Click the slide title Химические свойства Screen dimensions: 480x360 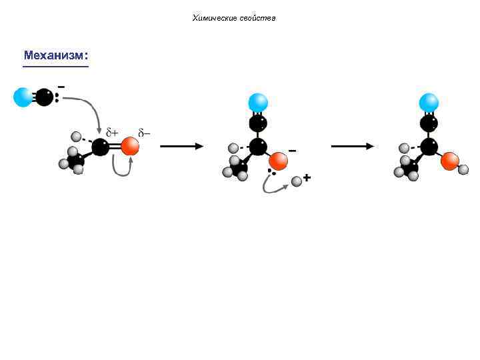tap(234, 18)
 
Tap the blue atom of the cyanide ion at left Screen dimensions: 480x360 tap(23, 97)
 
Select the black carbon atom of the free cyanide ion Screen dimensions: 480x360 tap(44, 97)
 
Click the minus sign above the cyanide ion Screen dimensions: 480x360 tap(61, 87)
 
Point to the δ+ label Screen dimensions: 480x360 tap(112, 133)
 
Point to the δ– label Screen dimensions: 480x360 tap(144, 133)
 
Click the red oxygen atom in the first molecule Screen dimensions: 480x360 tap(130, 147)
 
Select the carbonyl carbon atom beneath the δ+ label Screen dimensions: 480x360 tap(101, 147)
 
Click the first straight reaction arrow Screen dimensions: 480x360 tap(181, 147)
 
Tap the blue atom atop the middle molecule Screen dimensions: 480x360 tap(258, 103)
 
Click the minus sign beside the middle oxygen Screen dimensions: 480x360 tap(292, 151)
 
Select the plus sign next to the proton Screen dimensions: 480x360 tap(307, 177)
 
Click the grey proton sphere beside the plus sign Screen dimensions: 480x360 tap(297, 181)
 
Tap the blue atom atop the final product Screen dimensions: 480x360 tap(429, 103)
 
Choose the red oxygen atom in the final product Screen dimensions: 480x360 tap(450, 161)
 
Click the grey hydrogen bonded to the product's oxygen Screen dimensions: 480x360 tap(464, 170)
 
